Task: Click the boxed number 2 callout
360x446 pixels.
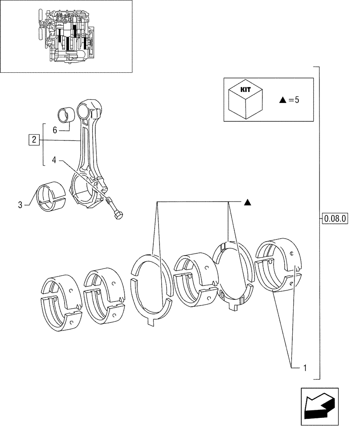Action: pos(33,140)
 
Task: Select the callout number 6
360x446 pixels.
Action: pos(55,130)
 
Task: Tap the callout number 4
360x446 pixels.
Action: pos(53,159)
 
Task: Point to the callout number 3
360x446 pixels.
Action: pos(20,205)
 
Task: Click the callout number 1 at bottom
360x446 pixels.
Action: pos(305,368)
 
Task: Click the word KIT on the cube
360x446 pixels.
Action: pos(245,89)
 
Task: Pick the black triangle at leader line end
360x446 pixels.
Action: pos(248,202)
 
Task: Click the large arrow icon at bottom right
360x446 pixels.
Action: pos(319,404)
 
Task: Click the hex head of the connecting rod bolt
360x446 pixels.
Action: pos(119,216)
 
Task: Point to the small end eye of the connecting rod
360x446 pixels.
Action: pos(89,110)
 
